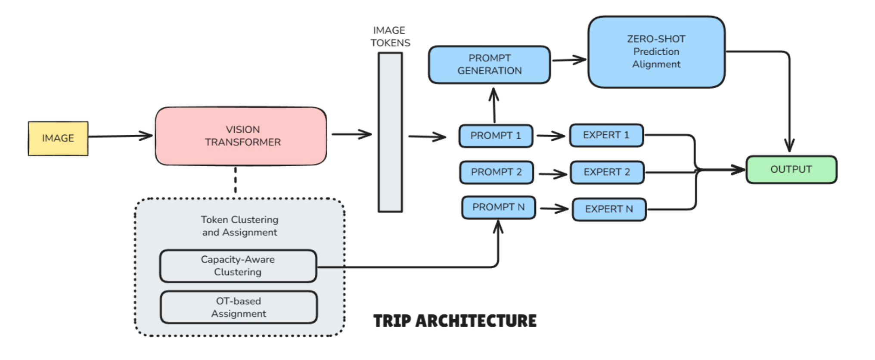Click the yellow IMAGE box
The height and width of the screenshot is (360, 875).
coord(58,138)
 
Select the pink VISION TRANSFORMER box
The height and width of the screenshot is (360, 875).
coord(241,136)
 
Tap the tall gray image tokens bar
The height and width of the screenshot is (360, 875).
coord(390,132)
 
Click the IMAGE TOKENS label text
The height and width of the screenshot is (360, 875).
coord(390,37)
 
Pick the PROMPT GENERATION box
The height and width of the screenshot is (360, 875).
coord(489,65)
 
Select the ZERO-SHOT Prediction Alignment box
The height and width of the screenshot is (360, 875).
coord(656,52)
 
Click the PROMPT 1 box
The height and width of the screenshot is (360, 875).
coord(496,136)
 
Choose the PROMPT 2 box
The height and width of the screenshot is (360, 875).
coord(496,172)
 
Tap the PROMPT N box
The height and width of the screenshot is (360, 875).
coord(498,207)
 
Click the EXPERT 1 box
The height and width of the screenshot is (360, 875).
coord(606,135)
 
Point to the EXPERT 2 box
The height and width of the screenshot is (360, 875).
coord(607,172)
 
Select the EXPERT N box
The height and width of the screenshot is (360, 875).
coord(609,209)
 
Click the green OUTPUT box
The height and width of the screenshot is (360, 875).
coord(791,170)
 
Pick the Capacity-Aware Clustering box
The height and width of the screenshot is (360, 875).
coord(238,266)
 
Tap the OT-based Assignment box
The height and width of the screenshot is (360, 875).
coord(239,307)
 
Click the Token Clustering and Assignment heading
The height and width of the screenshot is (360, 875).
coord(239,226)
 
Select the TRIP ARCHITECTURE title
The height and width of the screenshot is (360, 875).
coord(455,321)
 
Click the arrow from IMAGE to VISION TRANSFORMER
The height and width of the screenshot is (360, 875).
coord(120,136)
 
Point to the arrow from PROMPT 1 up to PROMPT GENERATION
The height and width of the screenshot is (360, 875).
coord(494,106)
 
